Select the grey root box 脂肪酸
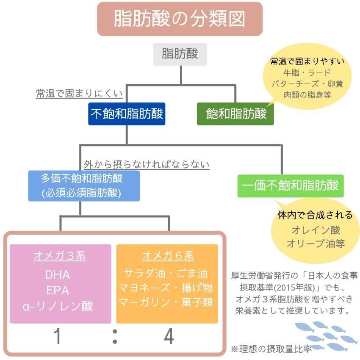pos(180,54)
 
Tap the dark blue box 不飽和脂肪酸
pos(127,114)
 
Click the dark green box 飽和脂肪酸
pos(235,114)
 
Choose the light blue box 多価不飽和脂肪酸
pos(84,186)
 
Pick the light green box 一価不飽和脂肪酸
pos(290,186)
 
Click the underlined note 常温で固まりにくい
pos(79,94)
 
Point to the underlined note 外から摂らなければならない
pos(147,164)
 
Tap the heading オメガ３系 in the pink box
pos(60,256)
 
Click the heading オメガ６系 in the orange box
pos(168,256)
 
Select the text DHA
pos(58,274)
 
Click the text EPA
pos(58,291)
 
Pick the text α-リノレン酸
pos(58,306)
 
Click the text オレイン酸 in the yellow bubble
pos(316,230)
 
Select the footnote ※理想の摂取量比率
pos(271,349)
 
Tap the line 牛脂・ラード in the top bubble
pos(307,72)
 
